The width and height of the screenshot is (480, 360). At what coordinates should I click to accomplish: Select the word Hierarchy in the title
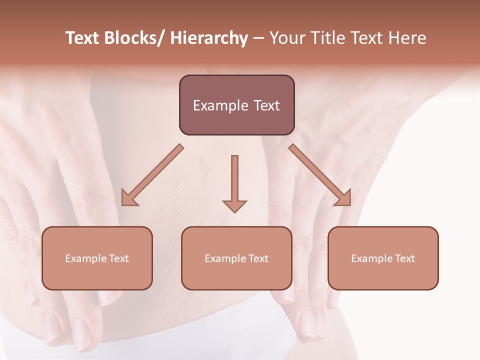[209, 38]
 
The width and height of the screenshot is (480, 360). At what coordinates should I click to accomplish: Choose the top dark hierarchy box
[236, 105]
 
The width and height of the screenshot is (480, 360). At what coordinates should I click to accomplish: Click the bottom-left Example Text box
[97, 258]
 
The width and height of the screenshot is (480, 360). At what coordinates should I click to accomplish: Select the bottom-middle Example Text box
[236, 258]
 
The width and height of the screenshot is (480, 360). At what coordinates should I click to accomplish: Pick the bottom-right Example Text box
[383, 258]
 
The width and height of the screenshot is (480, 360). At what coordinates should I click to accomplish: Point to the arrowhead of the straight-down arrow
[234, 205]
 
